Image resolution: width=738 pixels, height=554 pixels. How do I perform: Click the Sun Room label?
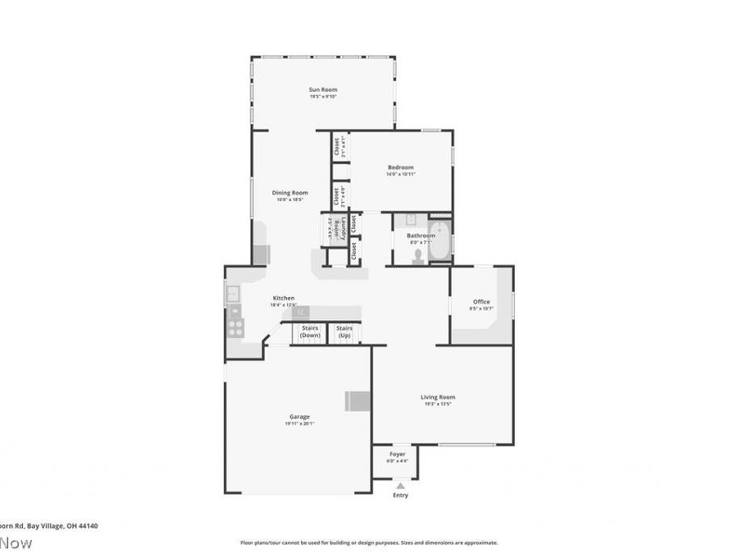pyautogui.click(x=322, y=89)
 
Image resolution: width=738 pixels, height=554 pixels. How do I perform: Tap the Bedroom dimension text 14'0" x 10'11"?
pyautogui.click(x=400, y=174)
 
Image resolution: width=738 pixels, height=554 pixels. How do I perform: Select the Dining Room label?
pyautogui.click(x=290, y=193)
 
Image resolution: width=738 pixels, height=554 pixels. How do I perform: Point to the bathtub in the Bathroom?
pyautogui.click(x=441, y=240)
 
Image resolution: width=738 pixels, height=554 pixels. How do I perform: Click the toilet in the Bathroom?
pyautogui.click(x=418, y=256)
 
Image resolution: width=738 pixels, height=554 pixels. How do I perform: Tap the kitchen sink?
pyautogui.click(x=232, y=292)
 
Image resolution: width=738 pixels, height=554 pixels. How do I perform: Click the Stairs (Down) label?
pyautogui.click(x=310, y=332)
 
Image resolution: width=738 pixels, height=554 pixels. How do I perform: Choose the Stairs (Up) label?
pyautogui.click(x=344, y=332)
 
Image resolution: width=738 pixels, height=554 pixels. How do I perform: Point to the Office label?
pyautogui.click(x=481, y=302)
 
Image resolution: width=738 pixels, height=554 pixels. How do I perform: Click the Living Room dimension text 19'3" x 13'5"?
pyautogui.click(x=438, y=404)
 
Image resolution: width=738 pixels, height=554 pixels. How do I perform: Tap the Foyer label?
pyautogui.click(x=397, y=454)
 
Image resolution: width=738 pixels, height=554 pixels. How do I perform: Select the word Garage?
pyautogui.click(x=298, y=417)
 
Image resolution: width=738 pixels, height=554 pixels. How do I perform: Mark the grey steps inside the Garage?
pyautogui.click(x=358, y=401)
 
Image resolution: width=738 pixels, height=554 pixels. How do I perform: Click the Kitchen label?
pyautogui.click(x=283, y=298)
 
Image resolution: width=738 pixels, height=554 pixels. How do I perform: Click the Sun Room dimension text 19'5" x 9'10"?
pyautogui.click(x=322, y=97)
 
